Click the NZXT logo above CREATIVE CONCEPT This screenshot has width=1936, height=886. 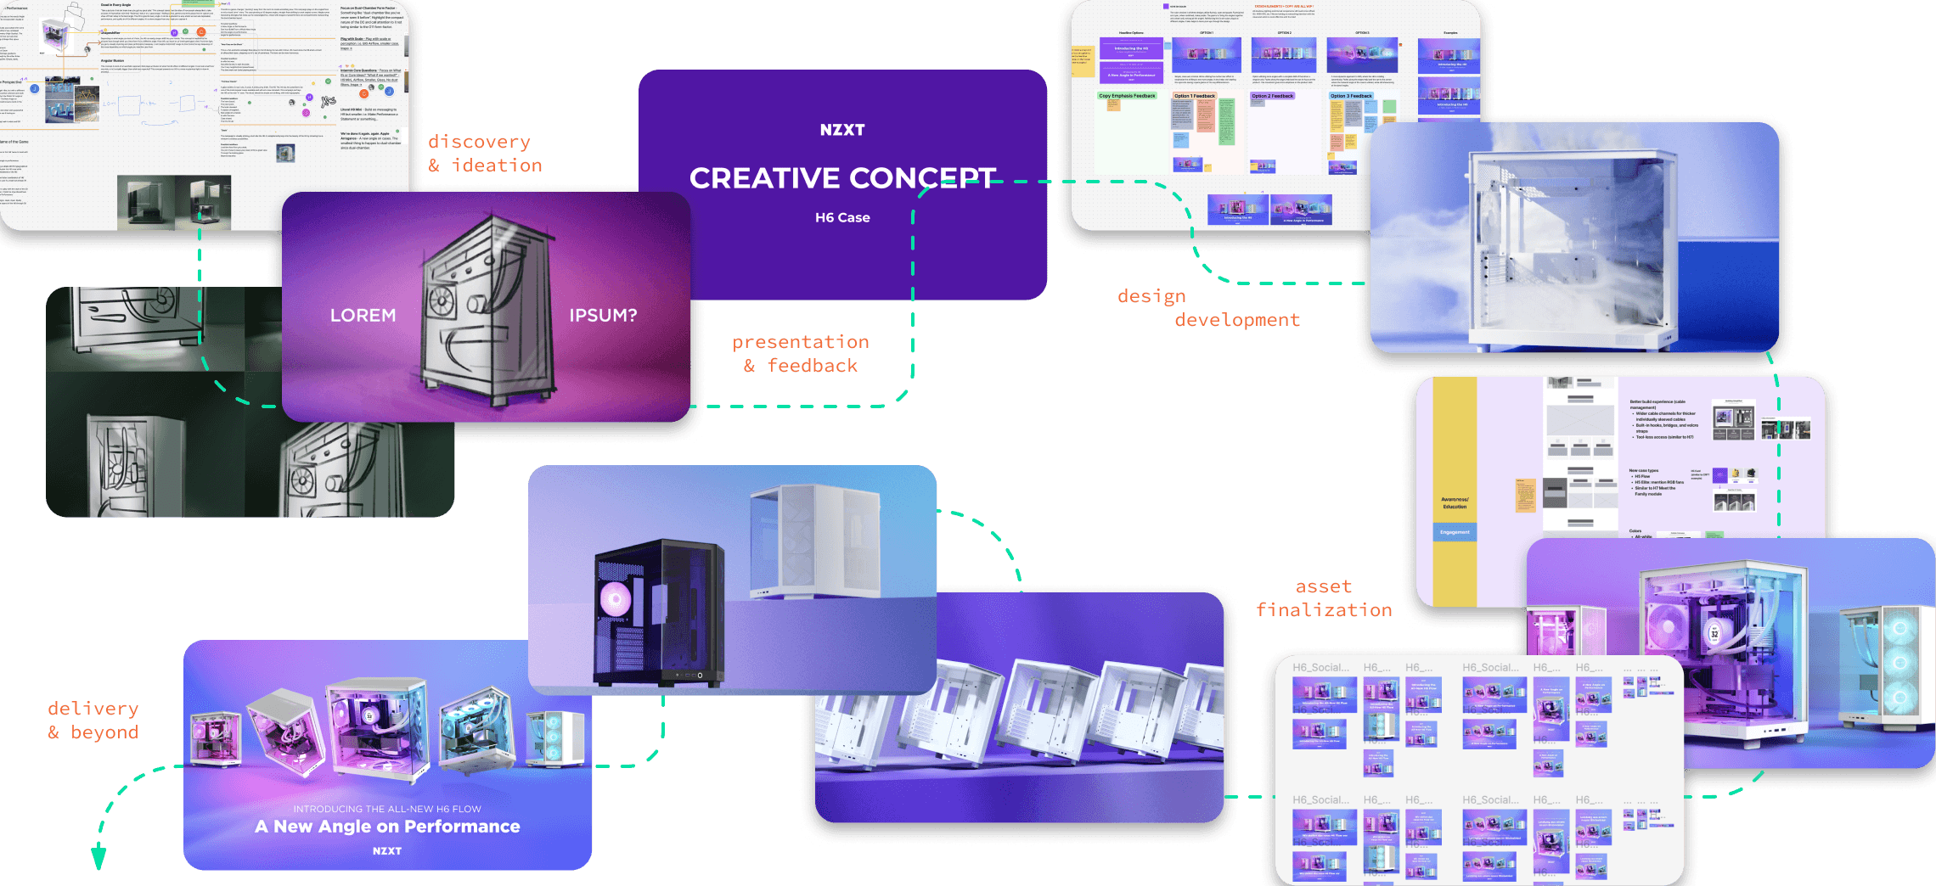(841, 130)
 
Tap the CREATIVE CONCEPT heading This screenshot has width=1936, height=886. (841, 178)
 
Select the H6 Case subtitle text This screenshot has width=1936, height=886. (841, 217)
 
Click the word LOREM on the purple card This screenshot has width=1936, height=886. (363, 315)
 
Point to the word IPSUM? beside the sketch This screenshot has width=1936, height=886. (603, 315)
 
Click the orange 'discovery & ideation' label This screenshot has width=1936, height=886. (485, 154)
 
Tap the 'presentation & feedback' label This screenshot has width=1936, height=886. (801, 354)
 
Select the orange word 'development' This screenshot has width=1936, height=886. (1237, 320)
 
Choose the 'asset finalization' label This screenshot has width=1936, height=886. (1324, 598)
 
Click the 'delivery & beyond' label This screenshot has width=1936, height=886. (93, 721)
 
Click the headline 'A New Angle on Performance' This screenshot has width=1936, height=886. (387, 827)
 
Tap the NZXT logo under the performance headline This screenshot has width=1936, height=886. (387, 850)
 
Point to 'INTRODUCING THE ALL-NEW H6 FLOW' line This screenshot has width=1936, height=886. (387, 809)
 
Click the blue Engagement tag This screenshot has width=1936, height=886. (1455, 532)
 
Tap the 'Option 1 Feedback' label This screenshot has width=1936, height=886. (1194, 96)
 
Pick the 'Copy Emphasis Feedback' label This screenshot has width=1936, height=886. (1127, 96)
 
